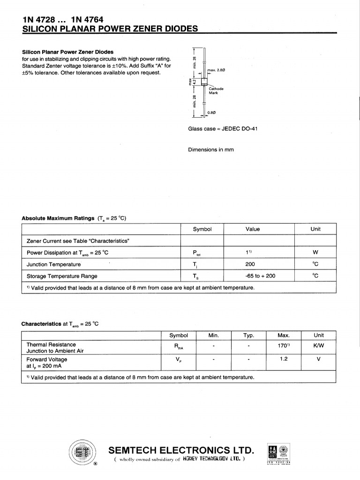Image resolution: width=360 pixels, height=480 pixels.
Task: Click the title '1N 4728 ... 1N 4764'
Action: click(63, 20)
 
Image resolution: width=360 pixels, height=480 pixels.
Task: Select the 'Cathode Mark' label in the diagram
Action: click(216, 90)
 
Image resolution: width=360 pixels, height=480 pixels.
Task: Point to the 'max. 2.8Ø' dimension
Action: click(217, 70)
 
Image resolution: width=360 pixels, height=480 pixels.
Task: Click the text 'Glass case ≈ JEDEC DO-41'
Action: click(223, 129)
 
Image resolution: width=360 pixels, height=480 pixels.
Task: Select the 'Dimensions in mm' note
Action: click(211, 150)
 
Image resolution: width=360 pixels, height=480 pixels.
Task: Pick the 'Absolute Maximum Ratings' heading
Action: click(58, 218)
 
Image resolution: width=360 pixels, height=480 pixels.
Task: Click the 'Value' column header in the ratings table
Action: click(252, 229)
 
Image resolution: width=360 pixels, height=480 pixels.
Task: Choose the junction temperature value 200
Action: click(250, 264)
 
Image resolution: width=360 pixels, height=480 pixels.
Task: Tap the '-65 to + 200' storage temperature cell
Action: click(260, 276)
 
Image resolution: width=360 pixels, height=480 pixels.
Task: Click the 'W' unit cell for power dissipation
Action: click(315, 253)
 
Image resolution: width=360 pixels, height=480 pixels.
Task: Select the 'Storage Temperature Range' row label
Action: click(62, 276)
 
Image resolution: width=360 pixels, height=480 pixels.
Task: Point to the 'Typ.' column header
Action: click(248, 335)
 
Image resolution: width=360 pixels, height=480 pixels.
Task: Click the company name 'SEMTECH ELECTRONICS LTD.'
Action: click(181, 451)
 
